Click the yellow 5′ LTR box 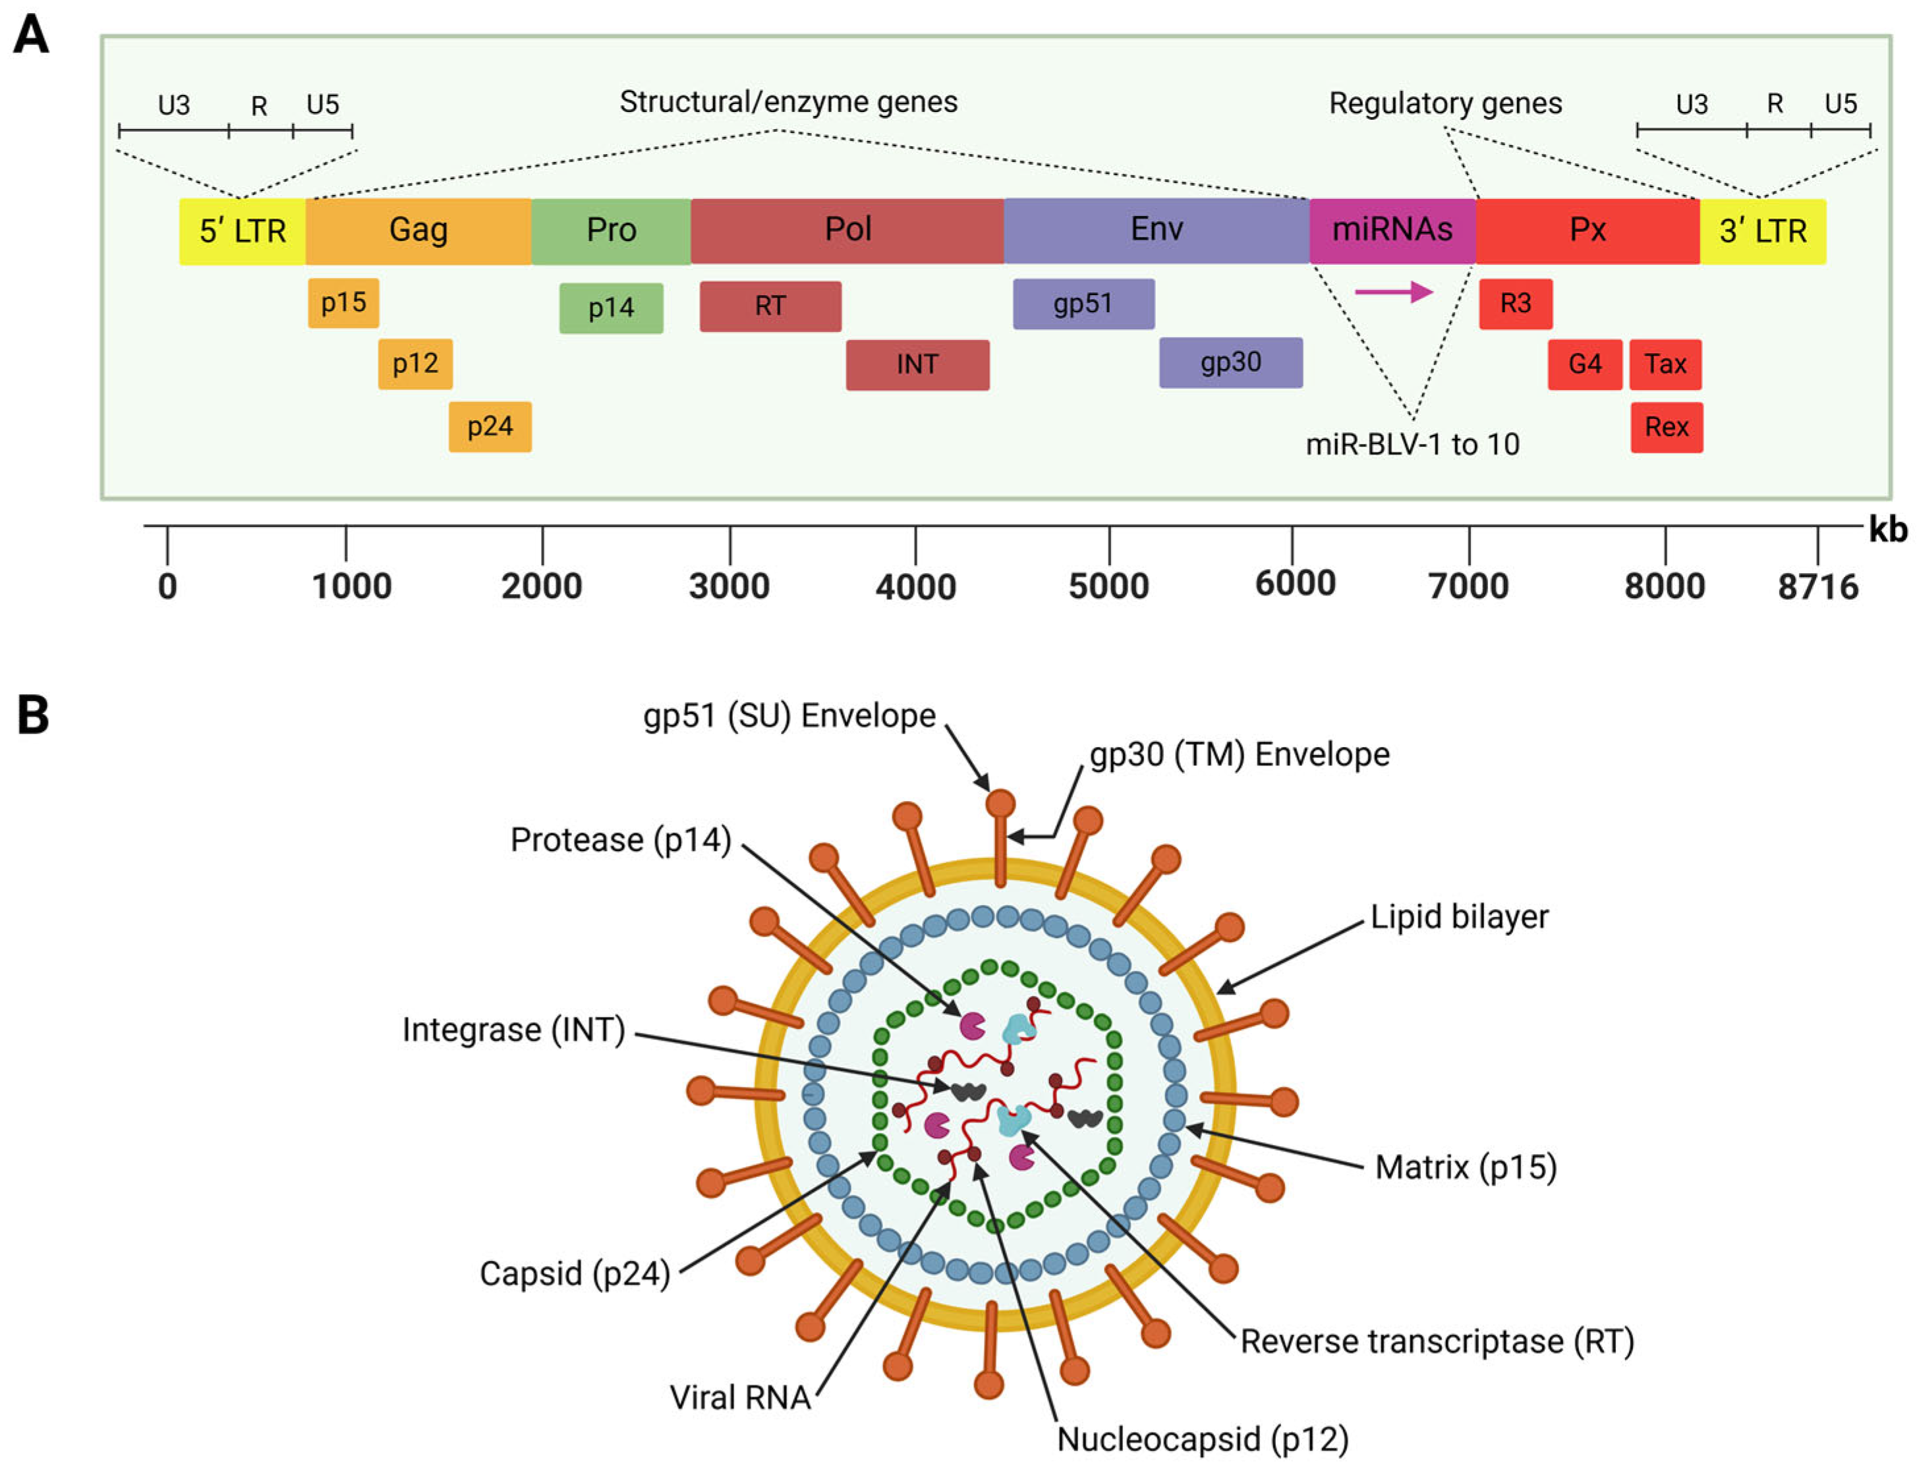(x=242, y=231)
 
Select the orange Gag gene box (x=418, y=231)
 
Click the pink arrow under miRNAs (x=1393, y=292)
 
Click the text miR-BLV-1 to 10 (x=1412, y=445)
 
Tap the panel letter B (x=33, y=716)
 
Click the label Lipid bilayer (x=1458, y=917)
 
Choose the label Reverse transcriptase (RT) (x=1436, y=1342)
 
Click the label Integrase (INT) (x=513, y=1030)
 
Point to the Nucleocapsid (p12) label (x=1202, y=1440)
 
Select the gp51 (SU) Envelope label (x=789, y=716)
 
